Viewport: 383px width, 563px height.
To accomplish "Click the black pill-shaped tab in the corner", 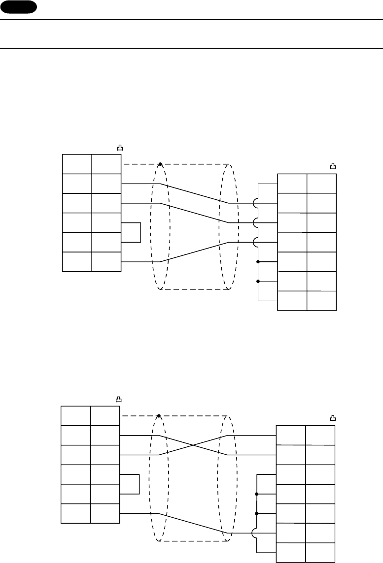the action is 19,6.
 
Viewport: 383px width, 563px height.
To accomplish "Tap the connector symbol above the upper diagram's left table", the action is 120,147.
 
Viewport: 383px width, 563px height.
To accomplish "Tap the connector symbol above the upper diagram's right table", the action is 333,167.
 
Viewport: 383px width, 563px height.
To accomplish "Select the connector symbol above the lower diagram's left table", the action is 118,400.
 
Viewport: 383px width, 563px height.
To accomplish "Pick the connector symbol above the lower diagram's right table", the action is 333,419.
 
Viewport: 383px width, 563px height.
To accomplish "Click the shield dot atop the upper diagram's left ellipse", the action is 160,163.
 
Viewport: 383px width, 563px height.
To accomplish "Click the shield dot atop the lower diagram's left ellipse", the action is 159,416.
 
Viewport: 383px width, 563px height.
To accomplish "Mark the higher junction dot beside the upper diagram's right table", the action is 258,262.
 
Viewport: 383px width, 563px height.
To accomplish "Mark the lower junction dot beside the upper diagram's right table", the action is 258,281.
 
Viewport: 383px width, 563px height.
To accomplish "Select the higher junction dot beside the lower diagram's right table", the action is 257,494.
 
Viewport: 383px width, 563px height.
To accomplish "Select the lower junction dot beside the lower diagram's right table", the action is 257,514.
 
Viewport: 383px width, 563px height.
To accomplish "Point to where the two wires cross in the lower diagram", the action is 193,445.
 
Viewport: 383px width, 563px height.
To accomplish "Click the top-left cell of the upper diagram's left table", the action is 77,164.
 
